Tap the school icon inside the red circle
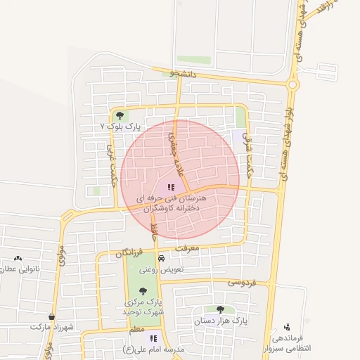point(172,188)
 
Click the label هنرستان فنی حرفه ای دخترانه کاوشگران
point(173,204)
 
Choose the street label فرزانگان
point(129,252)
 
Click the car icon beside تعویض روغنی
point(163,257)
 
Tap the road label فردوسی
point(241,282)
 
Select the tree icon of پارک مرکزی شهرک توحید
point(143,290)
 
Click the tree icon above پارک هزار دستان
point(221,309)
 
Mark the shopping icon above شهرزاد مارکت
point(52,316)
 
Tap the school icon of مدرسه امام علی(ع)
point(153,338)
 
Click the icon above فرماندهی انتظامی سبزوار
point(287,326)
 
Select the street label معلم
point(136,329)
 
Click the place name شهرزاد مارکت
point(52,327)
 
